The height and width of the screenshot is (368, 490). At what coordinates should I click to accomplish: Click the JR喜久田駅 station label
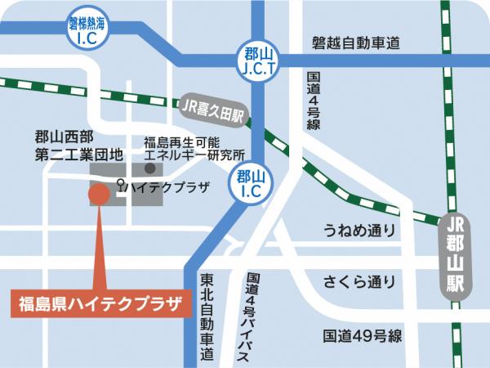(x=210, y=108)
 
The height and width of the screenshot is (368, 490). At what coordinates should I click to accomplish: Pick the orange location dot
(x=98, y=195)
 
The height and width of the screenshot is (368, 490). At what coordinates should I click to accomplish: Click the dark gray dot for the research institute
(x=149, y=168)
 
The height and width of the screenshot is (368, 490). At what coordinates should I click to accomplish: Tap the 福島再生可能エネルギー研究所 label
(x=194, y=146)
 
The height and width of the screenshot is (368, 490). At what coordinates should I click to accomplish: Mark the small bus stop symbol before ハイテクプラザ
(x=122, y=186)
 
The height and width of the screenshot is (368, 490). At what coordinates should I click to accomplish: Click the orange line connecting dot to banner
(x=98, y=245)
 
